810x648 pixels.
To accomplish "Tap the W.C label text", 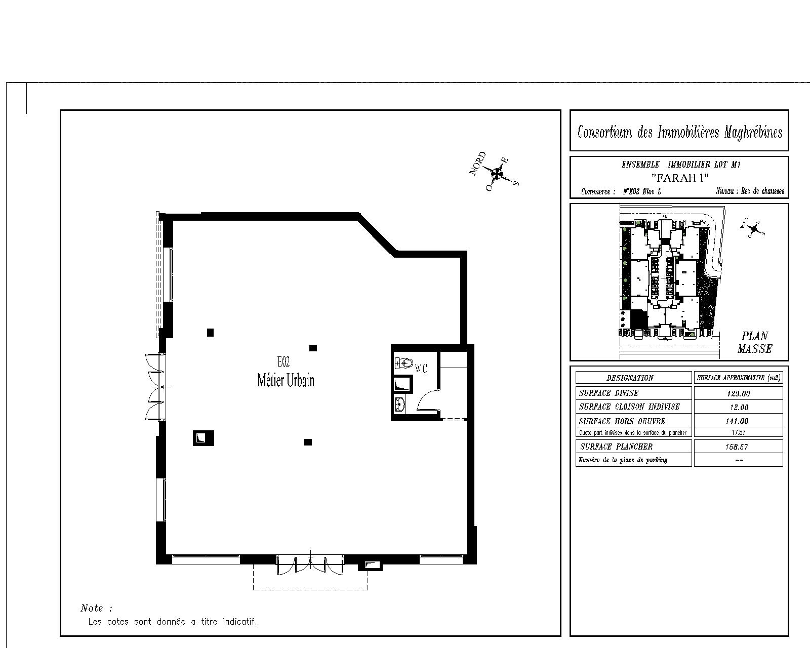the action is pos(421,368).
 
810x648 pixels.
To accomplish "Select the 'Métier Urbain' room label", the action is pos(286,380).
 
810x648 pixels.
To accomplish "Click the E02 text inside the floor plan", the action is pos(283,362).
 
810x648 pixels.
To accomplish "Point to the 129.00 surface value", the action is pos(739,394).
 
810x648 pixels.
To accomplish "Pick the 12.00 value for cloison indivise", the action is pos(739,408).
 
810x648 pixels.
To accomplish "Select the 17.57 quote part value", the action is pos(739,433).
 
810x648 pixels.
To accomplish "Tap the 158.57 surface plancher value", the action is pos(737,447).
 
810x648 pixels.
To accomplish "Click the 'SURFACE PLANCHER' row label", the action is pos(616,447).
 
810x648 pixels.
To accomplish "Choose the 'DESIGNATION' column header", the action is pos(630,378).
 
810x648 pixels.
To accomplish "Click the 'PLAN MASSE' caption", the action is pos(755,342).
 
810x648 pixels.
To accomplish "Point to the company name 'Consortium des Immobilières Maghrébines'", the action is pos(680,132).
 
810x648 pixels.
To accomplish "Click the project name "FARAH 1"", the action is pos(680,177).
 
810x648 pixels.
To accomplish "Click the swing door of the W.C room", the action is pos(428,400).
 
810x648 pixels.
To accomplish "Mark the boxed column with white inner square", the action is pos(203,438).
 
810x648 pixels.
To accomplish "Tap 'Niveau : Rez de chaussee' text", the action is pos(750,191).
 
